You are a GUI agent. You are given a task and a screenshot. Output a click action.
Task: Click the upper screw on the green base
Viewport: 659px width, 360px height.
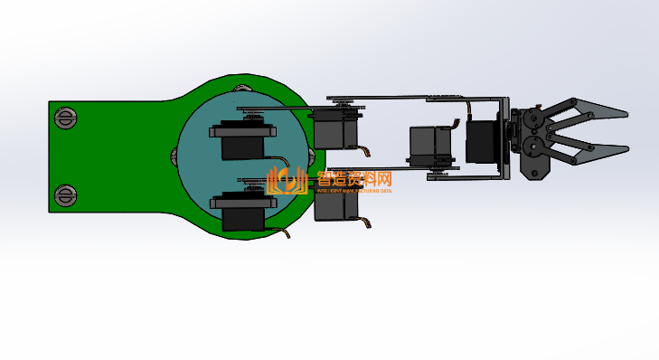[x=65, y=118]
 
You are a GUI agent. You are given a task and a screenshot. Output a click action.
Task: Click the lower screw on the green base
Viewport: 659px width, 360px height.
[x=65, y=194]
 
